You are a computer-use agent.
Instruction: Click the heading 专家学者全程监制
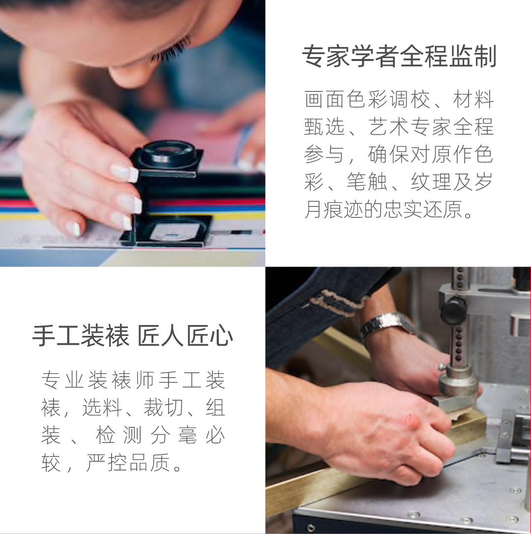(399, 56)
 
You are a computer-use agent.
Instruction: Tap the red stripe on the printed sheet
(205, 202)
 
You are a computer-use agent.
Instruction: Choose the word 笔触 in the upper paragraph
(367, 182)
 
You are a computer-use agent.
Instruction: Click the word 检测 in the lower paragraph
(118, 435)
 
